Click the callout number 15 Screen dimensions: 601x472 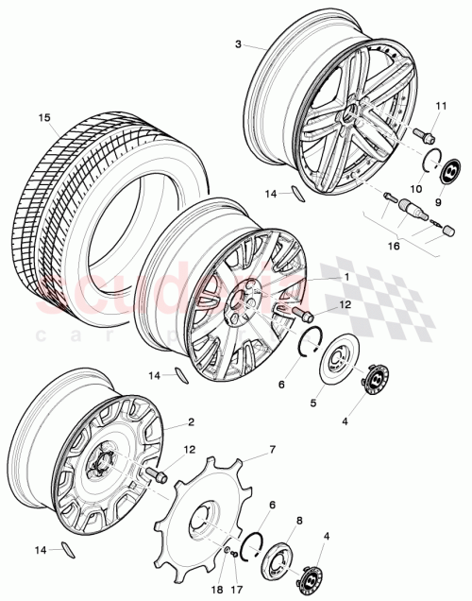click(x=42, y=118)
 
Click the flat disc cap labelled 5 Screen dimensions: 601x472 click(x=335, y=364)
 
